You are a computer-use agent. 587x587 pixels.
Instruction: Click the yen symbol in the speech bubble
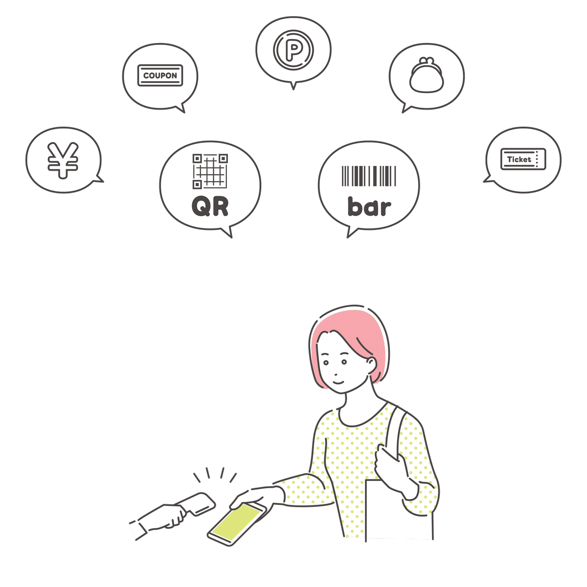click(63, 160)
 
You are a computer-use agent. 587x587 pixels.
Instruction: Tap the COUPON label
click(160, 75)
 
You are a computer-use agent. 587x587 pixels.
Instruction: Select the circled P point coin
click(293, 49)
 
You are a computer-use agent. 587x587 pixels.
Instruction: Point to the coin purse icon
click(427, 75)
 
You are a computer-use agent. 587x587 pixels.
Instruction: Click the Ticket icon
click(523, 159)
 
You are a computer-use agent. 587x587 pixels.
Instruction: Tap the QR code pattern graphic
click(210, 171)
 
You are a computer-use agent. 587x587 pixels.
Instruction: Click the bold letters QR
click(210, 206)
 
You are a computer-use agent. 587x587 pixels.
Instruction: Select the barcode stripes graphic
click(369, 176)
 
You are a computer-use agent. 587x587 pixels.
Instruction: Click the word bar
click(369, 206)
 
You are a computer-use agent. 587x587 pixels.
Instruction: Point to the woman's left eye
click(344, 361)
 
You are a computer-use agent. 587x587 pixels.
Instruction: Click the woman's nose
click(336, 374)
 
